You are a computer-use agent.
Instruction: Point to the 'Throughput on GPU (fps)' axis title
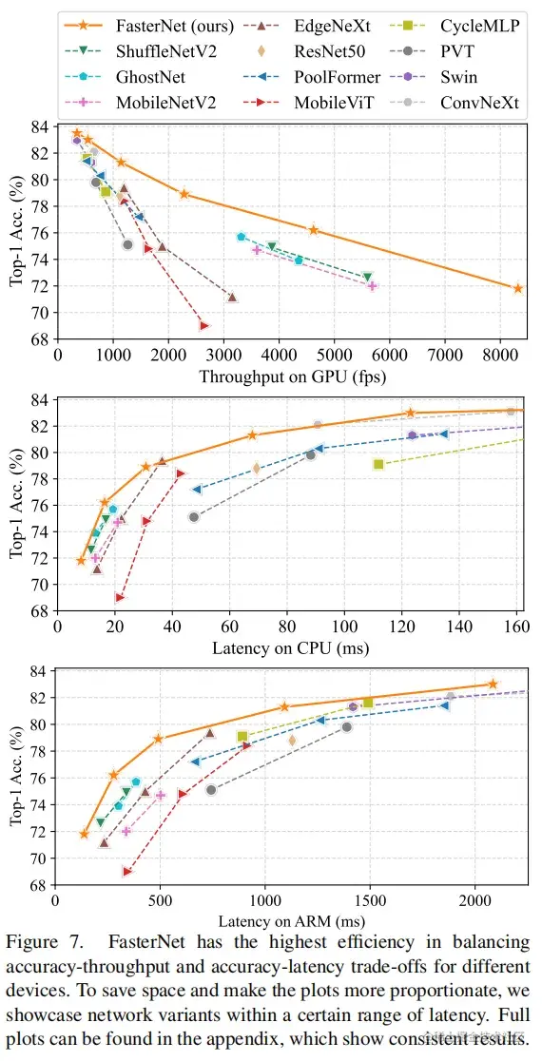tap(290, 376)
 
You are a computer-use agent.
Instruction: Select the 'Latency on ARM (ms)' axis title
tap(290, 920)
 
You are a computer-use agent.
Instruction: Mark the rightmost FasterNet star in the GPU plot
tap(518, 288)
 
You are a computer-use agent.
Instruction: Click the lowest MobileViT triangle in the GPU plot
tap(203, 326)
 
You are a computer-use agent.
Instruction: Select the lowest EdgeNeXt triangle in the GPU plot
tap(232, 298)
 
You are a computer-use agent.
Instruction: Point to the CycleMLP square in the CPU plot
tap(378, 464)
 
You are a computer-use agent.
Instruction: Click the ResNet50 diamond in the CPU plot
tap(256, 468)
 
